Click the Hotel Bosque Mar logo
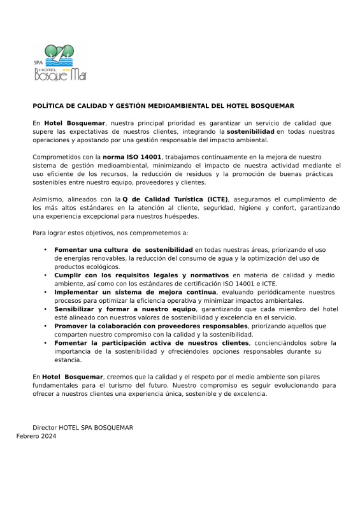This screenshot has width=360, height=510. tap(60, 62)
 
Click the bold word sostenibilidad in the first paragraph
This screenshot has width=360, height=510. tap(250, 131)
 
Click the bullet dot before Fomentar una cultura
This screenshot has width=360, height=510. tap(45, 249)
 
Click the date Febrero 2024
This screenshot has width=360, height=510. tap(36, 436)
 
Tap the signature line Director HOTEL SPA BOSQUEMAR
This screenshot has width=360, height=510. tap(83, 427)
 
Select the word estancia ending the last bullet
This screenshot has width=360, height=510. tap(68, 360)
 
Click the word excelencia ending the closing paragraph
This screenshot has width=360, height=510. tap(252, 393)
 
